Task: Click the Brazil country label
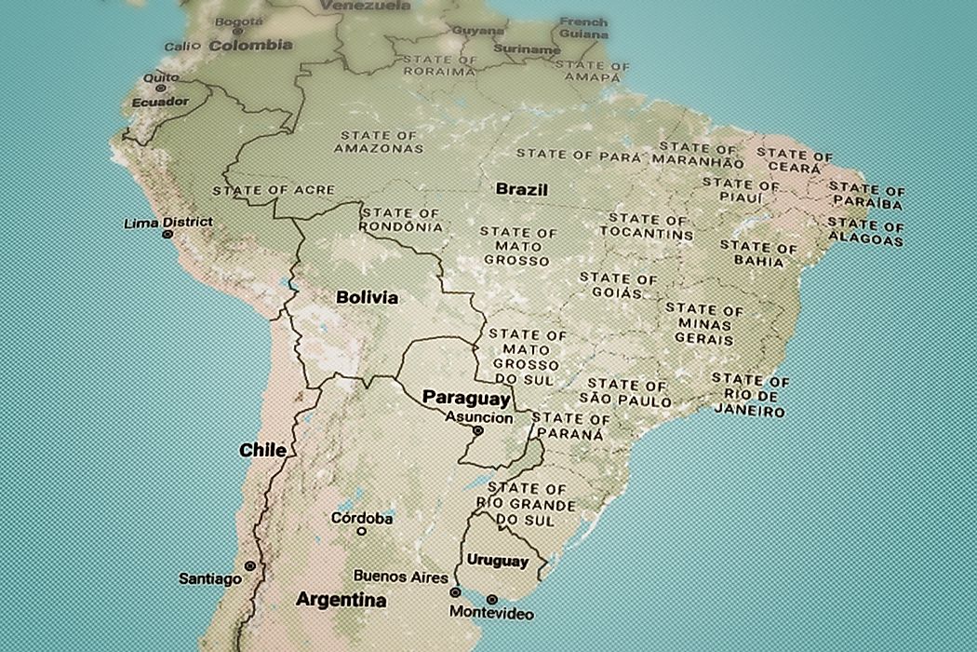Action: tap(521, 189)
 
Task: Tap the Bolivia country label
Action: tap(367, 298)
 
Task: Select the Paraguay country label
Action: tap(466, 399)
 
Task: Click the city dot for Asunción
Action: tap(477, 431)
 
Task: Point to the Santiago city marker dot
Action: tap(249, 566)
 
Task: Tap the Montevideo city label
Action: tap(490, 613)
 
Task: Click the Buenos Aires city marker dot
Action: tap(455, 591)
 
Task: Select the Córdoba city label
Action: tap(362, 518)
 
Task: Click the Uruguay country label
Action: tap(497, 561)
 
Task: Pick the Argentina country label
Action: tap(341, 600)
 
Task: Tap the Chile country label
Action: tap(262, 450)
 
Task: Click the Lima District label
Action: tap(167, 223)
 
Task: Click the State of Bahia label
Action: tap(758, 254)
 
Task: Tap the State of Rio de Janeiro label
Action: tap(750, 396)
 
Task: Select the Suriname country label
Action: tap(529, 49)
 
